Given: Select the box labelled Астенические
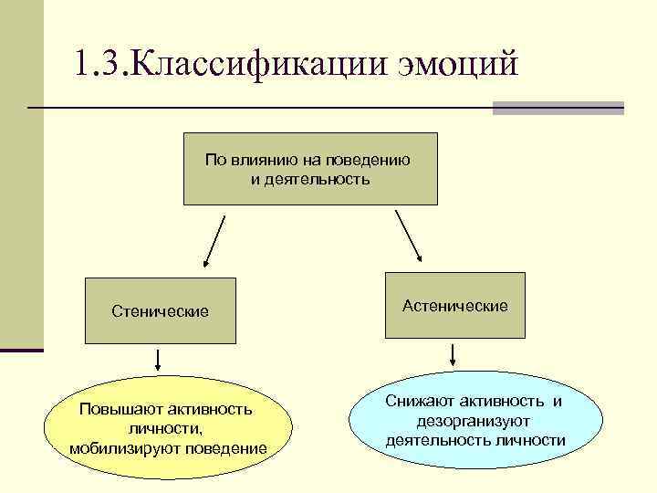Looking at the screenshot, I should [454, 307].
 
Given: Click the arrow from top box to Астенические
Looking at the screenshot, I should [408, 236].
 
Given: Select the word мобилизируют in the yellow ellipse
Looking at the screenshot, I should [125, 447].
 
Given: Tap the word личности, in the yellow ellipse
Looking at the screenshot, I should [166, 428].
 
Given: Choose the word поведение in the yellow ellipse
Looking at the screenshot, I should [225, 447].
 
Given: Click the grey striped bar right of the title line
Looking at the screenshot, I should [558, 108].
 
